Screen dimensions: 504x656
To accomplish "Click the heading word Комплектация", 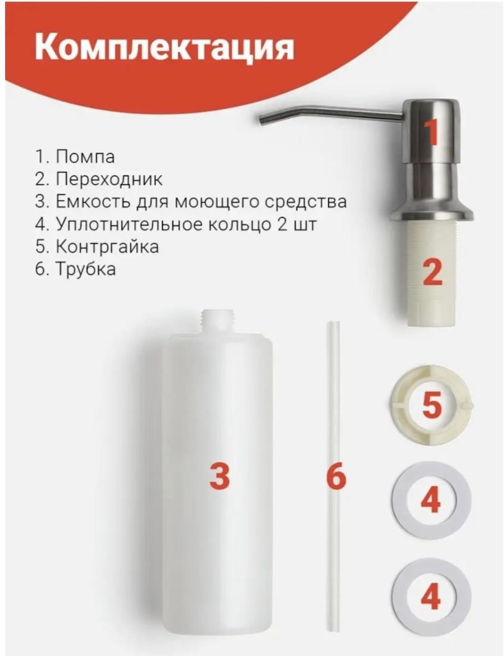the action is point(164,47).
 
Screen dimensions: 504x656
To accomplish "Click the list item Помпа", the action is point(85,157).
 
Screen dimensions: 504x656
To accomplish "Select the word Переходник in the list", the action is point(109,179).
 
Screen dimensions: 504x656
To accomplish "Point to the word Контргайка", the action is point(107,247).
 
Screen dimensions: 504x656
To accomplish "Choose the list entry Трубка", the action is point(86,270).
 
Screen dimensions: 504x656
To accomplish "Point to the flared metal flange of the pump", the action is point(432,213).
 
